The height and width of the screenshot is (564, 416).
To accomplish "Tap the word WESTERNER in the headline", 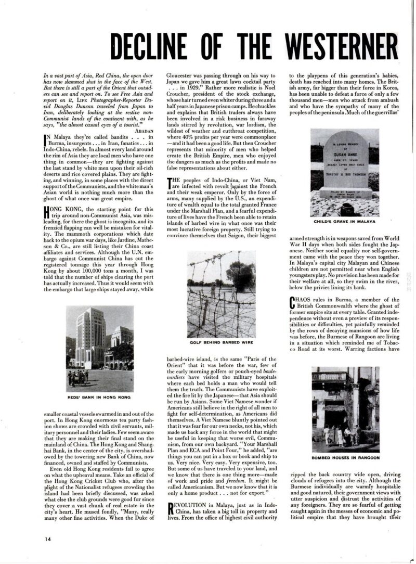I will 343,48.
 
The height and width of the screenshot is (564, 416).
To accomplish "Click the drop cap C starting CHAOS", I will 293,303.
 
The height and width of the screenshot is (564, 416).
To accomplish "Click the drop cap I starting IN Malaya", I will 46,139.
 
